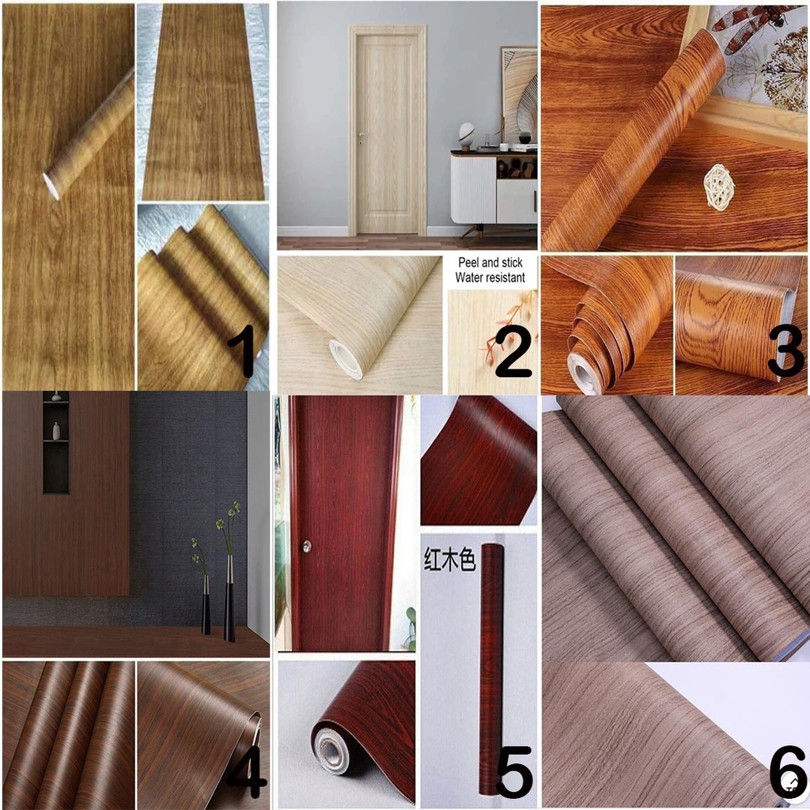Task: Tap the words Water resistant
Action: click(490, 278)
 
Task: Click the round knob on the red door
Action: click(306, 547)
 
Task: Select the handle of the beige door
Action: click(360, 137)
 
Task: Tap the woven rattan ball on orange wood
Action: click(718, 187)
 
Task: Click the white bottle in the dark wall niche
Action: click(56, 431)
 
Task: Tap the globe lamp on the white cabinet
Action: click(467, 131)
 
